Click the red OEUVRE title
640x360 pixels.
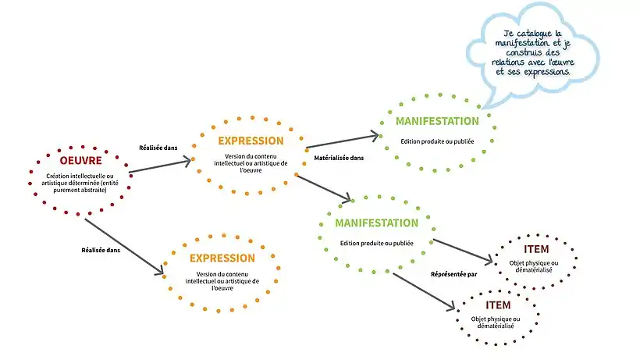pyautogui.click(x=81, y=161)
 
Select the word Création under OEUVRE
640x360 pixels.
pyautogui.click(x=61, y=176)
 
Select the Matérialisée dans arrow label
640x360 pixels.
pyautogui.click(x=338, y=158)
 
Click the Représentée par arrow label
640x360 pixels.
pyautogui.click(x=453, y=273)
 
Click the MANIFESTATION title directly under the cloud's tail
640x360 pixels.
pyautogui.click(x=437, y=121)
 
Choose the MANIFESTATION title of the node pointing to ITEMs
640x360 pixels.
pyautogui.click(x=376, y=223)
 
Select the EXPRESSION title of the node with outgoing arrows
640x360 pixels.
pyautogui.click(x=251, y=141)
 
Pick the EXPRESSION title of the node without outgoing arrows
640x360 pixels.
pyautogui.click(x=222, y=258)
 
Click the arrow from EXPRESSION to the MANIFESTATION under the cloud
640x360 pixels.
pyautogui.click(x=342, y=141)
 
